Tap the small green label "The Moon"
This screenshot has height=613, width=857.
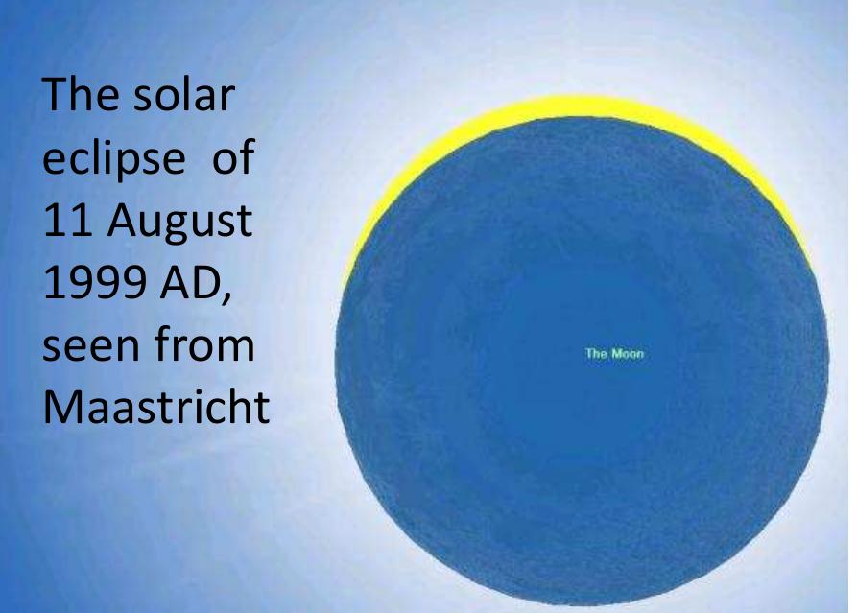click(x=613, y=354)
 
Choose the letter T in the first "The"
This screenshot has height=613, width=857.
click(x=53, y=96)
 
